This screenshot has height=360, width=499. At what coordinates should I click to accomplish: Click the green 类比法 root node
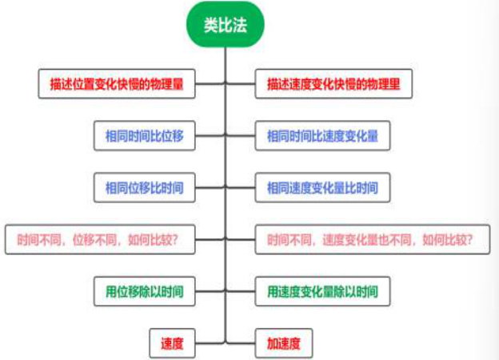pos(225,26)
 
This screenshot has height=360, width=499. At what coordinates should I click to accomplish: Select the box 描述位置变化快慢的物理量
pos(117,84)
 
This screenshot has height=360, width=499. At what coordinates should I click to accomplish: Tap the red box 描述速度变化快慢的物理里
pos(333,84)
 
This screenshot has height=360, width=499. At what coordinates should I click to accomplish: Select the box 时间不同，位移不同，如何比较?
pos(100,239)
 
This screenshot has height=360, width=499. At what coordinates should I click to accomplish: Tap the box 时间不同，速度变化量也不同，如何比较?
pos(372,239)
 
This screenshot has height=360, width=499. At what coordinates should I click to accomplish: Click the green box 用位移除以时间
pos(144,291)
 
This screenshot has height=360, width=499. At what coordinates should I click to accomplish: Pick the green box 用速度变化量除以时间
pos(322,291)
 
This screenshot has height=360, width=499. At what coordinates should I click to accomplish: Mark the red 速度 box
pos(172,343)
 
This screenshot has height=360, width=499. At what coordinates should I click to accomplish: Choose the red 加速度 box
pos(283,343)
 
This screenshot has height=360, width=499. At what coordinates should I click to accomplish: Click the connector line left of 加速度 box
pos(241,343)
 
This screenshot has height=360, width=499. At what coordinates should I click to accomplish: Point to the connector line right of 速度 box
pos(210,343)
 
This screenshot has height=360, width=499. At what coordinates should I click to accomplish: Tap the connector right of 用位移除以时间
pos(210,291)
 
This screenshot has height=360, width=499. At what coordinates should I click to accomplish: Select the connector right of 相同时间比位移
pos(210,136)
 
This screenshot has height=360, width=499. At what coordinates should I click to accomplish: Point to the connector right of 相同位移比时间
pos(210,188)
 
